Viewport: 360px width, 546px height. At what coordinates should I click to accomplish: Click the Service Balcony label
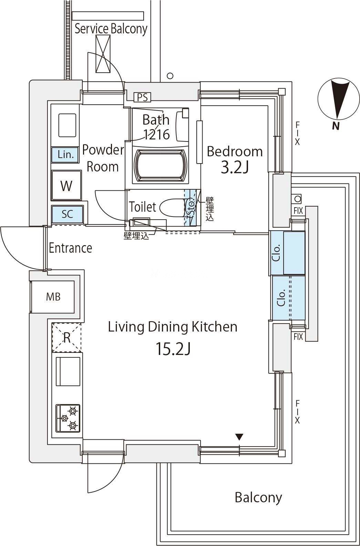[111, 29]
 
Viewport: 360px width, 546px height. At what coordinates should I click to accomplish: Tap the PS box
[142, 97]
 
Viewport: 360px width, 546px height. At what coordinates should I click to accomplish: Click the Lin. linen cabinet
[65, 155]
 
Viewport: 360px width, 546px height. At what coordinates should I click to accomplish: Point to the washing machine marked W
[66, 185]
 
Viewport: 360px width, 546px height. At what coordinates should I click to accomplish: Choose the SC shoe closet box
[67, 214]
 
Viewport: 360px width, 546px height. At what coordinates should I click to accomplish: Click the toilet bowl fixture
[172, 208]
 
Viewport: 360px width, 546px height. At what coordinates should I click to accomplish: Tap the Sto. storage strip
[190, 208]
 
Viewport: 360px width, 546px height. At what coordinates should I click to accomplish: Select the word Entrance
[71, 248]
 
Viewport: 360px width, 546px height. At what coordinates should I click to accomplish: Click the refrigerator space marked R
[66, 337]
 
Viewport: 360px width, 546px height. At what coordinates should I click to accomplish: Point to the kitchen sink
[68, 371]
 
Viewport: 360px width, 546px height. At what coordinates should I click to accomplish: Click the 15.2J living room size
[173, 348]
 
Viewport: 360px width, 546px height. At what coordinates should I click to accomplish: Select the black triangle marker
[239, 437]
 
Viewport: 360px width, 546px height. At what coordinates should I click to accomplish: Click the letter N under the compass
[336, 126]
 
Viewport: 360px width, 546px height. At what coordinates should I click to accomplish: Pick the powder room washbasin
[67, 125]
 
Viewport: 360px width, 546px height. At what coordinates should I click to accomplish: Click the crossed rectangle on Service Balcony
[103, 54]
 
